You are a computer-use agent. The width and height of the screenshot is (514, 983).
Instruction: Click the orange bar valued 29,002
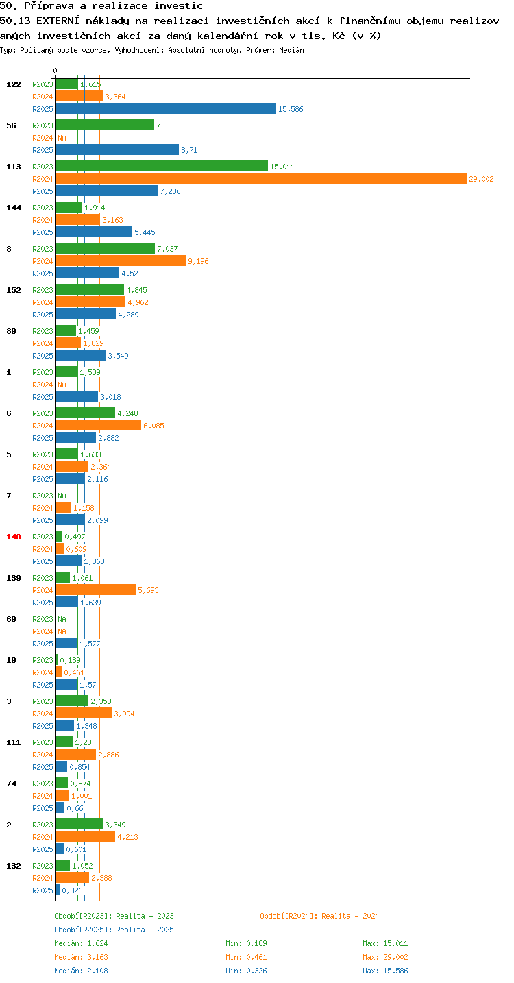tap(261, 179)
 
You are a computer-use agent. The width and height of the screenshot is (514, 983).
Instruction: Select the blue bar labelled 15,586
tap(167, 108)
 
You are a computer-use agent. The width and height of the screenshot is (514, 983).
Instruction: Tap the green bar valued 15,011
tap(162, 166)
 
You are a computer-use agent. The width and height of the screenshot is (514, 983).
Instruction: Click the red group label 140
tap(14, 537)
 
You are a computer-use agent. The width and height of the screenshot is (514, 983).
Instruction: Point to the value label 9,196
tap(198, 261)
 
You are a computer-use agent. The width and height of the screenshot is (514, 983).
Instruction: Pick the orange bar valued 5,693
tap(96, 590)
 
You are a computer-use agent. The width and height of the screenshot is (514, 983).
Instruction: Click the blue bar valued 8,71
tap(118, 149)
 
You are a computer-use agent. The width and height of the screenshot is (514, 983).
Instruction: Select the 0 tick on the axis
tap(56, 71)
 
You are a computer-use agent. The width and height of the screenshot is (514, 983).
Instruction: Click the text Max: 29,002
tap(385, 957)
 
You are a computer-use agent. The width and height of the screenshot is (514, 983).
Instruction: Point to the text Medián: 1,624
tap(81, 943)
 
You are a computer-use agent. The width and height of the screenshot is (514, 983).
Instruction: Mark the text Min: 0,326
tap(246, 971)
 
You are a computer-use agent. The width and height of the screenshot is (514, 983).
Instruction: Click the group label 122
tap(14, 84)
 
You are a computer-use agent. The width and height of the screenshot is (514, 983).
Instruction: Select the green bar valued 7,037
tap(106, 248)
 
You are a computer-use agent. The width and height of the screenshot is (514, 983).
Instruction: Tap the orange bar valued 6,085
tap(99, 425)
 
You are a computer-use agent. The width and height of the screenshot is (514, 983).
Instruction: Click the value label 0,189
tap(70, 660)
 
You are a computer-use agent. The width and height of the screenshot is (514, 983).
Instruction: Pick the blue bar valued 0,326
tap(58, 890)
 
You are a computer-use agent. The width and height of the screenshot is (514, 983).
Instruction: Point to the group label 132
tap(14, 866)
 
